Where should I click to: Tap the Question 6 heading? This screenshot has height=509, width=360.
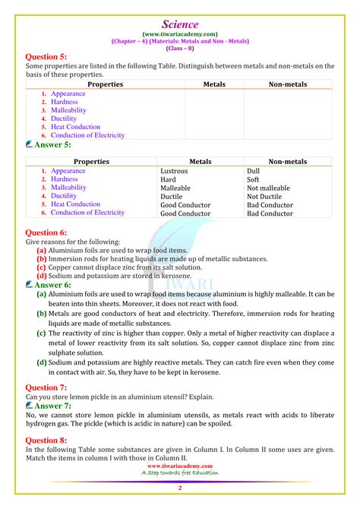click(46, 232)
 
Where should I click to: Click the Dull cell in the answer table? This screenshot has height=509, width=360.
click(253, 172)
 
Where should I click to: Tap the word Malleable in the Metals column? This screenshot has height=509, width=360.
click(175, 188)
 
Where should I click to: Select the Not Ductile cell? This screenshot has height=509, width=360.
click(264, 197)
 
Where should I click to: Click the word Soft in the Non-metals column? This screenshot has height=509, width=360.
click(254, 180)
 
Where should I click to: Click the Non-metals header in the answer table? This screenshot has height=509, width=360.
click(287, 162)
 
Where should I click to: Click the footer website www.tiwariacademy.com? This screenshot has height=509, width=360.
click(179, 466)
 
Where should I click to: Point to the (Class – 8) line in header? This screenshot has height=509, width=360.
click(180, 48)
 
